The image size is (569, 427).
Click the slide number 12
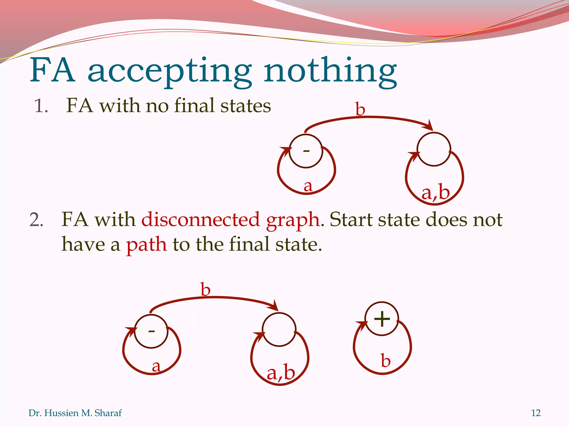pyautogui.click(x=536, y=413)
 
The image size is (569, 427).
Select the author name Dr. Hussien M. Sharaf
pyautogui.click(x=75, y=413)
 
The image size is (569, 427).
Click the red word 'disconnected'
pyautogui.click(x=201, y=220)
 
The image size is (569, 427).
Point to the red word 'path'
pyautogui.click(x=146, y=245)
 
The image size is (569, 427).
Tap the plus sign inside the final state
pyautogui.click(x=382, y=319)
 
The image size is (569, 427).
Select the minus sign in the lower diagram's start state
pyautogui.click(x=151, y=331)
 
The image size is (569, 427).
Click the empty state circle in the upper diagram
pyautogui.click(x=434, y=150)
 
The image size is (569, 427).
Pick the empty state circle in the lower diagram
pyautogui.click(x=279, y=330)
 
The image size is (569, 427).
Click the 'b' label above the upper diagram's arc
pyautogui.click(x=360, y=109)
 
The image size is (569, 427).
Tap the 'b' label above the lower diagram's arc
pyautogui.click(x=206, y=290)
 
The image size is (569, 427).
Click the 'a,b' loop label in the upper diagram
pyautogui.click(x=435, y=192)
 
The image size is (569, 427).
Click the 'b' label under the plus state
pyautogui.click(x=386, y=361)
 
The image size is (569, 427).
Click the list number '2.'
pyautogui.click(x=36, y=220)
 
